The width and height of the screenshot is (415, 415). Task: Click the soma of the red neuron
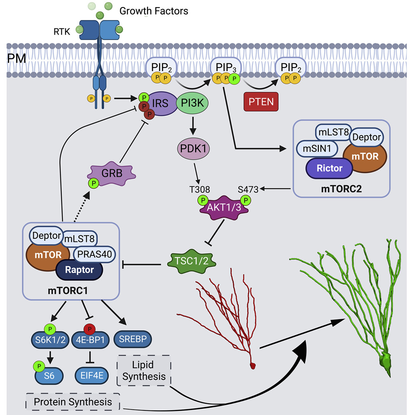pos(253,365)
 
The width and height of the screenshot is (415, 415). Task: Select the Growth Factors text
pos(154,11)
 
